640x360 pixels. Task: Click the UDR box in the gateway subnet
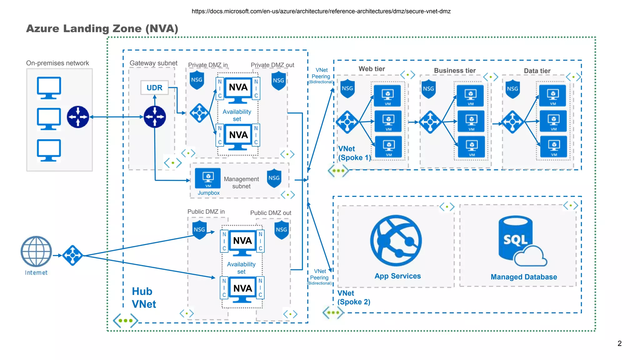point(154,88)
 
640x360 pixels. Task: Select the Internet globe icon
point(36,251)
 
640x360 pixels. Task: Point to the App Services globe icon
point(396,241)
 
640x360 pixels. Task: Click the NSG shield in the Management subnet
point(274,178)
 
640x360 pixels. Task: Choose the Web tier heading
point(372,69)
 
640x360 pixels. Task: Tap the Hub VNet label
point(143,297)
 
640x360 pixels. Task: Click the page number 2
point(619,343)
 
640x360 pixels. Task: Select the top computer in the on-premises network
point(49,88)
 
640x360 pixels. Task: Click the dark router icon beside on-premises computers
point(78,117)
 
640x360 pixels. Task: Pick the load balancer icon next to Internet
point(72,255)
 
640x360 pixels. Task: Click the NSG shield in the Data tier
point(512,89)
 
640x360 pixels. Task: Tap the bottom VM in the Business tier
point(471,147)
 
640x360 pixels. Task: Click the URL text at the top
point(321,12)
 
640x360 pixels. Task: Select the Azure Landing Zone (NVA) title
point(102,29)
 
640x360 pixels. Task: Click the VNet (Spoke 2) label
point(353,297)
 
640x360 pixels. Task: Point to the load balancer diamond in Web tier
point(347,122)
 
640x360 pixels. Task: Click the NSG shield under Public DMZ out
point(281,230)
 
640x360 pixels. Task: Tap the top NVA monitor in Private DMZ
point(238,90)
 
